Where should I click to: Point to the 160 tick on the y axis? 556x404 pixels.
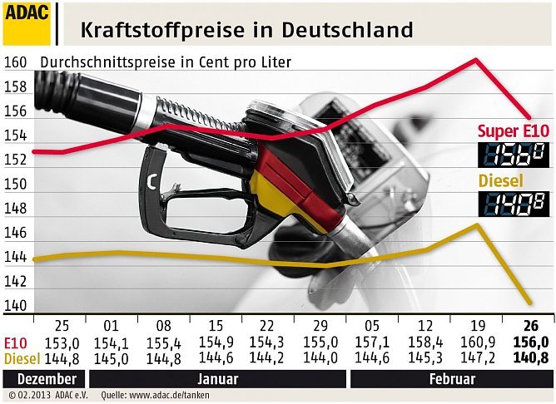click(16, 62)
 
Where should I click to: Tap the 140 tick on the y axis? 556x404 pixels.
click(16, 305)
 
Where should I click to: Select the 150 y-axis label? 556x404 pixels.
click(16, 184)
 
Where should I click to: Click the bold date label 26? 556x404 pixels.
click(530, 326)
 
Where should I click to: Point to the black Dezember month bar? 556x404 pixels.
click(41, 378)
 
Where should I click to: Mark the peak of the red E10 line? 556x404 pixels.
click(476, 60)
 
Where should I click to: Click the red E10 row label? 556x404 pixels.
click(14, 342)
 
